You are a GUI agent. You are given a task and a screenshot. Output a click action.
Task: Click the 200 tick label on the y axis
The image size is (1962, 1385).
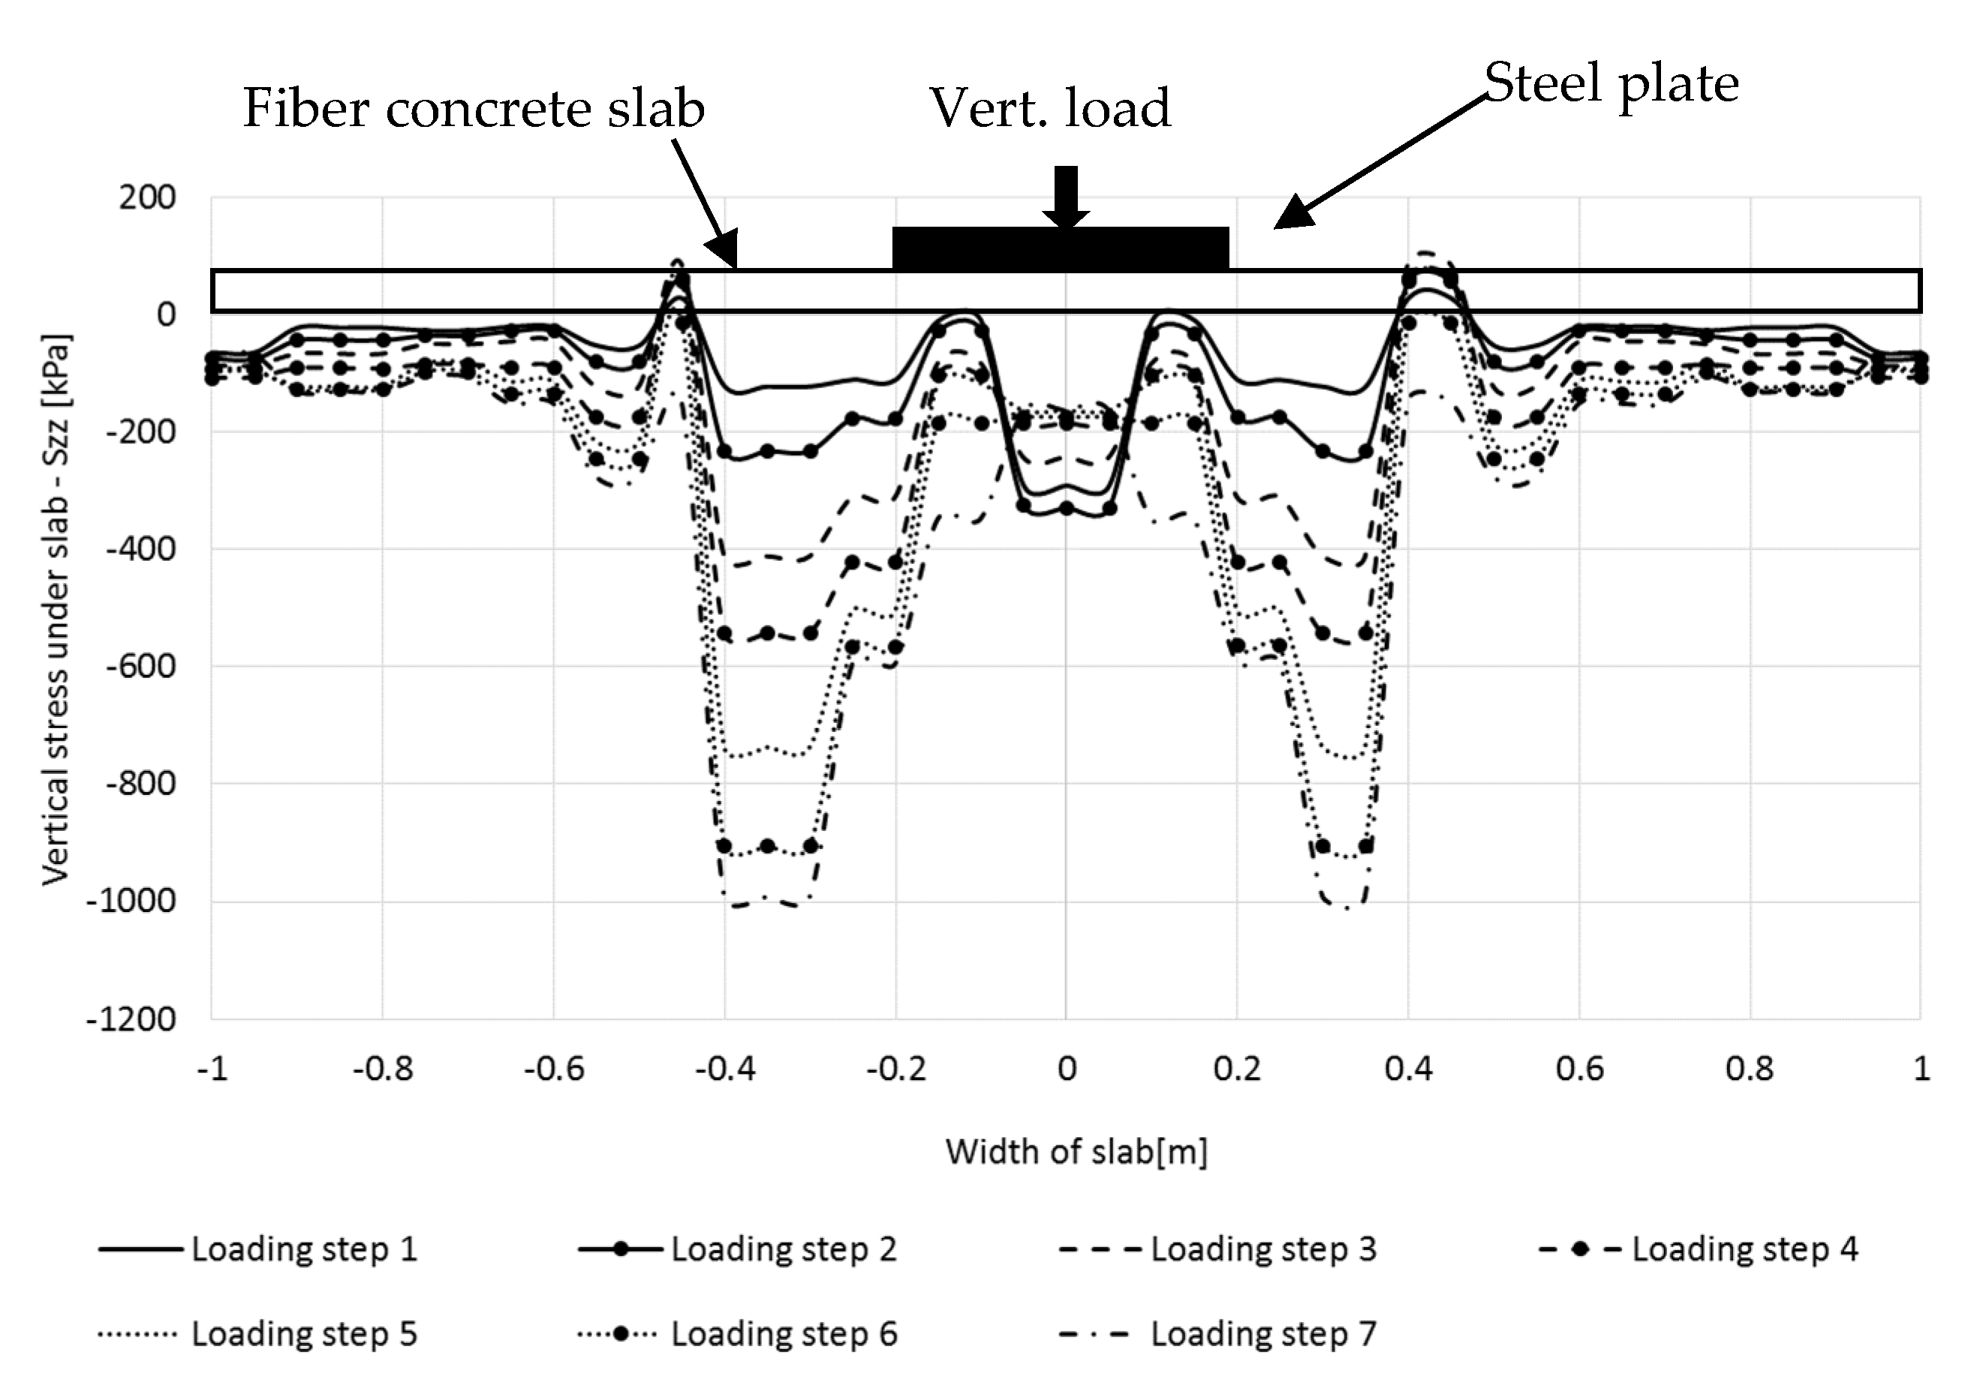coord(147,197)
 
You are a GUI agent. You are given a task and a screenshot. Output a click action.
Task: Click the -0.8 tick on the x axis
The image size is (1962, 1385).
coord(383,1069)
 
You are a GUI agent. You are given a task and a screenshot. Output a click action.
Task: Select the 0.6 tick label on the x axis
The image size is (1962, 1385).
coord(1579,1069)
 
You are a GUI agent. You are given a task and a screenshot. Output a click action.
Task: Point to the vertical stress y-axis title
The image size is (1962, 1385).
coord(56,608)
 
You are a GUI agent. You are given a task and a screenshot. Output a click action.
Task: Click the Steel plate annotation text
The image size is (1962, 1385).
coord(1611,84)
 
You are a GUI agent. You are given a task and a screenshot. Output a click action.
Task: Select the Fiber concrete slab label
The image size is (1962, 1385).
coord(474,109)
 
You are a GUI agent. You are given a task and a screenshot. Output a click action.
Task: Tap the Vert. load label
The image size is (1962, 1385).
coord(1049,109)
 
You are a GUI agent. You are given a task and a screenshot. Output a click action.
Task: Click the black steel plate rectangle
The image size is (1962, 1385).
coord(1061,248)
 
